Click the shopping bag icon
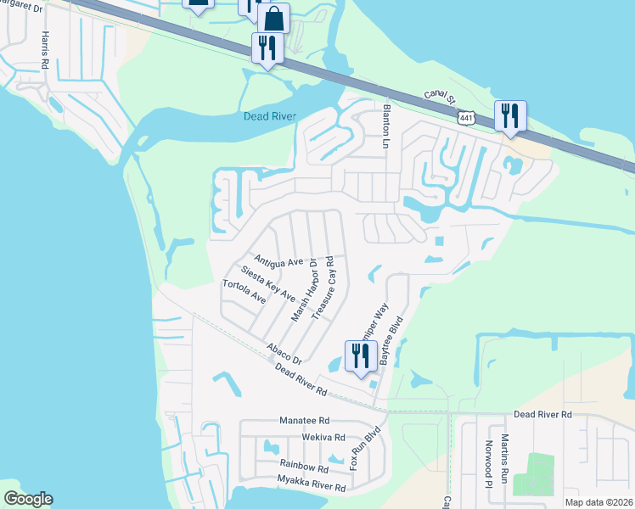[x=274, y=17]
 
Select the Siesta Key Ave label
[x=268, y=284]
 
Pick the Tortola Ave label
[x=244, y=292]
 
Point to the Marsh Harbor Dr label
[x=304, y=290]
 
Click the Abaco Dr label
[x=284, y=354]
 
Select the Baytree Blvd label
[x=392, y=341]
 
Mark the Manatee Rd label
[x=304, y=420]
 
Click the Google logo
[x=28, y=498]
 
